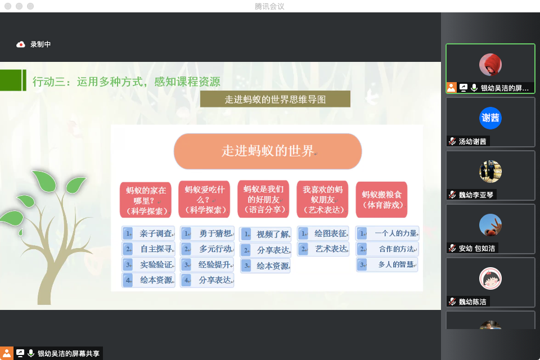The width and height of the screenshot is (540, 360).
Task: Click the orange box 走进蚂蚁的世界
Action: (x=268, y=151)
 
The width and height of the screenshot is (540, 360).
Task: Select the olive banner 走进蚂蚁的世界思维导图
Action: (x=275, y=99)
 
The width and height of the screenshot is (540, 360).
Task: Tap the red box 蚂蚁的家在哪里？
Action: (x=146, y=200)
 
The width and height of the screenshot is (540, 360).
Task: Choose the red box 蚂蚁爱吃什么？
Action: (x=205, y=200)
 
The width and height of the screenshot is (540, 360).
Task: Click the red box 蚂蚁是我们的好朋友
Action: (x=263, y=199)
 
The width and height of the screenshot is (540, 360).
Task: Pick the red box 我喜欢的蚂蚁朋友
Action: (x=322, y=200)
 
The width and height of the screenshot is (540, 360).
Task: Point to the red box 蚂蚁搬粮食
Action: (x=381, y=200)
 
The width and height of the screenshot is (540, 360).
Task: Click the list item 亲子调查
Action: (x=148, y=233)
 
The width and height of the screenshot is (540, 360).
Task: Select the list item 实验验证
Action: (x=148, y=264)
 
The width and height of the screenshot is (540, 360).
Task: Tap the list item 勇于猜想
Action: (x=208, y=233)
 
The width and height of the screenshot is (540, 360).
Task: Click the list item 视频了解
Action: (x=265, y=234)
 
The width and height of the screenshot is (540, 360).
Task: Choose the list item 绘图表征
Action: (x=323, y=233)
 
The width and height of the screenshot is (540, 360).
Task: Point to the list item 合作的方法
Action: (x=388, y=249)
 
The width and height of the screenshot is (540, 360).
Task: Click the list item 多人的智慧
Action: (x=388, y=264)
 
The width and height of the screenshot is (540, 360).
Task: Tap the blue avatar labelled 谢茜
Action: (x=490, y=118)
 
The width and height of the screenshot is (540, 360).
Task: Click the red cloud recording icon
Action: (x=21, y=44)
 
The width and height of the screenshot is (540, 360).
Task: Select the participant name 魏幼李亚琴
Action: (x=476, y=195)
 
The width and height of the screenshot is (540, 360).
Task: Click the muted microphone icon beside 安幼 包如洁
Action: (x=452, y=248)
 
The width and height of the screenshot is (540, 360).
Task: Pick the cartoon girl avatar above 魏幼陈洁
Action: (x=490, y=278)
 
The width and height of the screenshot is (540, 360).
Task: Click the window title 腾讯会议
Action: (x=269, y=6)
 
